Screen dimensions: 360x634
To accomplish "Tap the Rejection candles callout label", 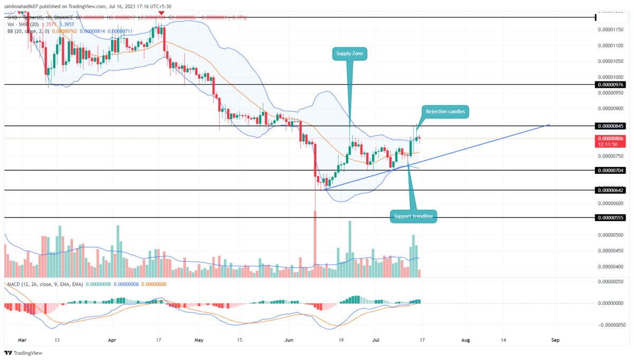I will pyautogui.click(x=444, y=111).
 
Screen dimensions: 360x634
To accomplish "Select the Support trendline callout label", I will pyautogui.click(x=414, y=216).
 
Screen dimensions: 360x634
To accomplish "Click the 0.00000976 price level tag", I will pyautogui.click(x=610, y=85).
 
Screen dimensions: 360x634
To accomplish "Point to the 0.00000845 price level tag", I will pyautogui.click(x=610, y=126).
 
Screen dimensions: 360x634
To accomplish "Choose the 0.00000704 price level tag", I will pyautogui.click(x=610, y=170).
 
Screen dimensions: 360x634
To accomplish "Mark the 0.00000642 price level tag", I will pyautogui.click(x=610, y=190).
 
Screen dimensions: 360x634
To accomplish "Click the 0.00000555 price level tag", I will pyautogui.click(x=610, y=217).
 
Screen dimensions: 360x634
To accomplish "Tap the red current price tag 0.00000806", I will pyautogui.click(x=610, y=139).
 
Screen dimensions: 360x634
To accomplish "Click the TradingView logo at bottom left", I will pyautogui.click(x=24, y=353).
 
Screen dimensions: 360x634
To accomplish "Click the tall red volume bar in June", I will pyautogui.click(x=315, y=244).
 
